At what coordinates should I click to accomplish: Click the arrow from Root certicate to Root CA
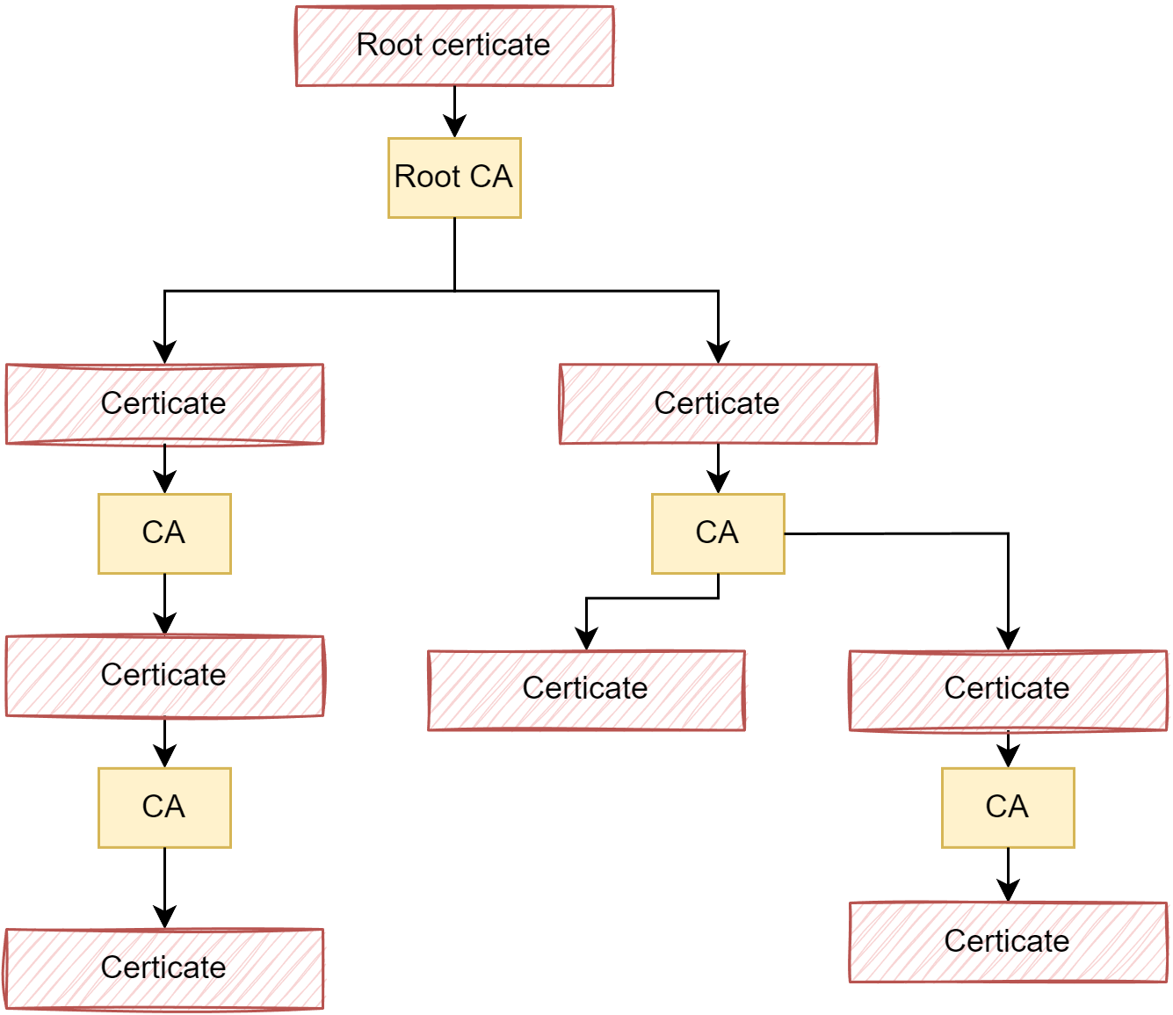coord(454,110)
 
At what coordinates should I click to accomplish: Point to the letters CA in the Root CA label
coord(491,177)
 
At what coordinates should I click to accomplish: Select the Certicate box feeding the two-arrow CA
coord(718,403)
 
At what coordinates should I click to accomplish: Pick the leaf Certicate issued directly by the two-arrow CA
coord(586,689)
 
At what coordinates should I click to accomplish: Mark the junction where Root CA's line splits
coord(454,291)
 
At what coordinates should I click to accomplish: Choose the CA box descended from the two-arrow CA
coord(1008,808)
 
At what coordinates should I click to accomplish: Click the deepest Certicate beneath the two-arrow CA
coord(1008,942)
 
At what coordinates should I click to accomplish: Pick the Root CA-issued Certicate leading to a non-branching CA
coord(164,403)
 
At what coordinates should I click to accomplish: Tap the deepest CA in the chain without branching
coord(164,808)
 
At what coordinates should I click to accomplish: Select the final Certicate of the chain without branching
coord(164,968)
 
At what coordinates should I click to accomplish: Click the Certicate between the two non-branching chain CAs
coord(164,676)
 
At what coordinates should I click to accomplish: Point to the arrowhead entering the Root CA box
coord(454,127)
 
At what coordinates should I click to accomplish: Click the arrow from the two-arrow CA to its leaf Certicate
coord(650,598)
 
